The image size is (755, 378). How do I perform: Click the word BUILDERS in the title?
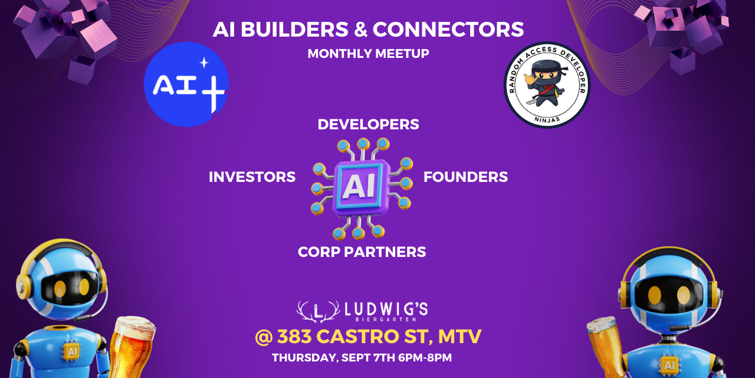coord(294,29)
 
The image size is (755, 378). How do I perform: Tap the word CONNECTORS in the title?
coord(448,29)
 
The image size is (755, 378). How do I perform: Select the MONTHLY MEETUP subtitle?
coord(368,54)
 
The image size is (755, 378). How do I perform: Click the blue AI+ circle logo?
coord(186,84)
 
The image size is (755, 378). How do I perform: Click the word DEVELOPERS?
coord(368,125)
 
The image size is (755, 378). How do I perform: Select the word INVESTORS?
coord(252,177)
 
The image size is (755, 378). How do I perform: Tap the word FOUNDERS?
coord(465,177)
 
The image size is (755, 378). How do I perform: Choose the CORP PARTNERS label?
coord(362,252)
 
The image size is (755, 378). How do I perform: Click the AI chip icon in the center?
coord(362,188)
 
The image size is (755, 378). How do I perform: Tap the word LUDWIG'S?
coord(386,309)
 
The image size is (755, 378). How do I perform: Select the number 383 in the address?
coord(294,337)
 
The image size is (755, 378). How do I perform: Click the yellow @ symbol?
coord(264,337)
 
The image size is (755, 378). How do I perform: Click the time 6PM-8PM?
coord(425,358)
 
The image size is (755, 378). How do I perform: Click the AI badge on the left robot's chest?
coord(72,352)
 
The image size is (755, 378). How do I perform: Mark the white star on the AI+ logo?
coord(203,63)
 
